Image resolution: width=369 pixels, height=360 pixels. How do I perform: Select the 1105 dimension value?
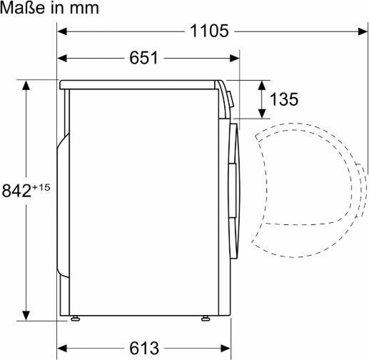click(209, 31)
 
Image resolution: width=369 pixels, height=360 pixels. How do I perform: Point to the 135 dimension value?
click(283, 99)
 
